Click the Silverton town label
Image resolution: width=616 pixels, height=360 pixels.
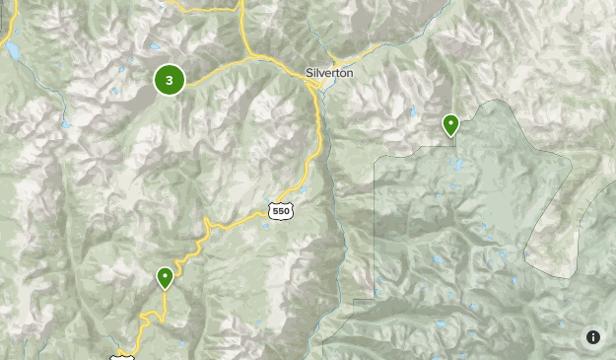pyautogui.click(x=328, y=73)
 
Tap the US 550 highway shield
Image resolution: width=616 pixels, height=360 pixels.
pyautogui.click(x=280, y=211)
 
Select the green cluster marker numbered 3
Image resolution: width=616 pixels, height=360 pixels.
pyautogui.click(x=170, y=81)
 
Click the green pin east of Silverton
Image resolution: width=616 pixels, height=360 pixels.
pyautogui.click(x=450, y=124)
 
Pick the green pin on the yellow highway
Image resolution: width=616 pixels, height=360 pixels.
pyautogui.click(x=166, y=277)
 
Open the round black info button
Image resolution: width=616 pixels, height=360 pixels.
pyautogui.click(x=592, y=337)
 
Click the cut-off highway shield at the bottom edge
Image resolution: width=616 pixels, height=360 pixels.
pyautogui.click(x=122, y=356)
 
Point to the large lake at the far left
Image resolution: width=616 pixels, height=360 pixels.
pyautogui.click(x=13, y=48)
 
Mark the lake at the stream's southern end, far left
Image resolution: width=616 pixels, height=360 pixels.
pyautogui.click(x=66, y=125)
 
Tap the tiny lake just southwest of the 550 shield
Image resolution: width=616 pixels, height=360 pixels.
pyautogui.click(x=264, y=225)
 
